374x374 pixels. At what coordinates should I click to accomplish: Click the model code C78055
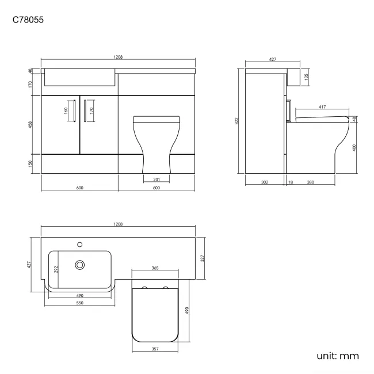pos(28,20)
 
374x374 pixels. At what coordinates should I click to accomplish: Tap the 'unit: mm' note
pos(337,356)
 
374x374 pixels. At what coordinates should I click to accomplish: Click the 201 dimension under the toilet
pos(158,180)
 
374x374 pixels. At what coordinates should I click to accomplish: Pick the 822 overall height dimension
pos(236,121)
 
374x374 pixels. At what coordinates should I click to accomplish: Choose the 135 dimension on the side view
pos(307,76)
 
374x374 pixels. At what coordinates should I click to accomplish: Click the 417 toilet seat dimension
pos(323,106)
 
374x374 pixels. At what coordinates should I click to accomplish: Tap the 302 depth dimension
pos(264,182)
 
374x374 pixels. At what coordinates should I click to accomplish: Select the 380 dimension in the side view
pos(310,182)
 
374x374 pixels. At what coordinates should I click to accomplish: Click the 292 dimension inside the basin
pos(55,268)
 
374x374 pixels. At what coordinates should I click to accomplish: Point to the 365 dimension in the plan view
pos(155,268)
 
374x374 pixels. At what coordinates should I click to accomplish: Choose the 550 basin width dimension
pos(80,303)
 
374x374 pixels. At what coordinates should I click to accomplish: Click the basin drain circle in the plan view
pos(80,265)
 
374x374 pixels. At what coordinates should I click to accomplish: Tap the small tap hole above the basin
pos(80,242)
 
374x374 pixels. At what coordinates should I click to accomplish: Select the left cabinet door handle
pos(74,110)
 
